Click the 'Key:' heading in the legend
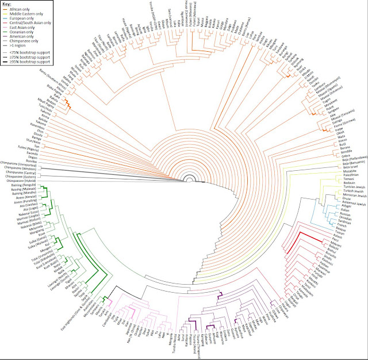(9, 5)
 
